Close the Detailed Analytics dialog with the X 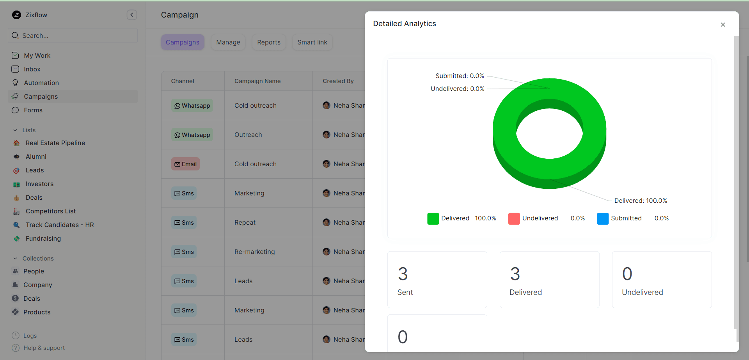click(722, 25)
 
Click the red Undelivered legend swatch click(514, 218)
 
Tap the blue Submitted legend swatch click(602, 218)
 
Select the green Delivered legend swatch click(433, 218)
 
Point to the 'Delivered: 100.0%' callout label click(640, 200)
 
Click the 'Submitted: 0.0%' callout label click(460, 76)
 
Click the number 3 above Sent click(403, 274)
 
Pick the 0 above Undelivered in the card click(627, 274)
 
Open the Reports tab click(268, 42)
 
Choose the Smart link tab click(312, 42)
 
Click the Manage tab click(228, 42)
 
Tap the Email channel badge click(185, 164)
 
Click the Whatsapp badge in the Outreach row click(192, 135)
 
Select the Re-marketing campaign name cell click(254, 252)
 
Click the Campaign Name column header click(257, 81)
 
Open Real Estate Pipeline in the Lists click(55, 143)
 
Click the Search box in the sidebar click(73, 35)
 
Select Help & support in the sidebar click(44, 348)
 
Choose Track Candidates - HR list click(59, 225)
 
